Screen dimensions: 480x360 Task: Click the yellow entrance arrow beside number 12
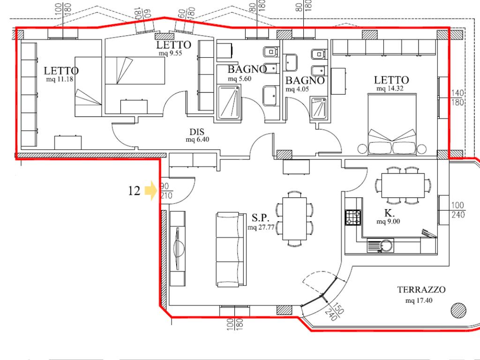click(150, 190)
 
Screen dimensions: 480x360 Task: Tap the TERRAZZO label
click(421, 290)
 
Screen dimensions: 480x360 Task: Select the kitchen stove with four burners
click(353, 217)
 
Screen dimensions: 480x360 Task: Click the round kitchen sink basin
click(387, 246)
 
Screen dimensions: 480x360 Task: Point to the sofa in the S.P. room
click(231, 249)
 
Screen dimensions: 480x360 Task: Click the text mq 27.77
click(261, 227)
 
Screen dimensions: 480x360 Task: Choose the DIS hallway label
click(197, 132)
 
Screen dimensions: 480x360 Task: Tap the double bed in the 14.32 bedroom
click(392, 124)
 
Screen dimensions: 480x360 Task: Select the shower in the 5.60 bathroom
click(229, 102)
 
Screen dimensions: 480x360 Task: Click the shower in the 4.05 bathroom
click(318, 107)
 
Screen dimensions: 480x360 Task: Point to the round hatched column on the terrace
click(458, 310)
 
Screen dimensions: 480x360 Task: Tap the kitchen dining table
click(403, 186)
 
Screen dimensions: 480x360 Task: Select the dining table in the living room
click(294, 218)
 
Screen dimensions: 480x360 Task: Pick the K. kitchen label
click(390, 213)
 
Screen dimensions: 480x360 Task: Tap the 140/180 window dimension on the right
click(457, 97)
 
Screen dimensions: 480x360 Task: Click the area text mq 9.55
click(170, 53)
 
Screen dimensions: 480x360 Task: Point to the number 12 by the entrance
click(134, 191)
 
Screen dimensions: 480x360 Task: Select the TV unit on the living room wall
click(177, 248)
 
